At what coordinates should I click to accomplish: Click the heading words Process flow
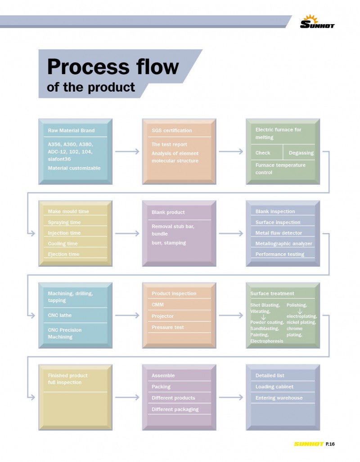pos(112,66)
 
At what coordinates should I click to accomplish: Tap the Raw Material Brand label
pos(71,131)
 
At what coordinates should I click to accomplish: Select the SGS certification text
pos(171,131)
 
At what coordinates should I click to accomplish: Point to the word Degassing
pos(301,153)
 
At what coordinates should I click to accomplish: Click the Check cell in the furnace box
pos(263,153)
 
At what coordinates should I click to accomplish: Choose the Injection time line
pos(64,233)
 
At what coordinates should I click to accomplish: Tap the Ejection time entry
pos(63,254)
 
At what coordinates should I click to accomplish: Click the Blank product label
pos(168,212)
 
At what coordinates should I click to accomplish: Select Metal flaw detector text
pos(279,233)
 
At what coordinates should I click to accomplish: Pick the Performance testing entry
pos(280,254)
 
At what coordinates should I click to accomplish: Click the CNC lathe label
pos(60,315)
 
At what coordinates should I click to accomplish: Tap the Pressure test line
pos(167,327)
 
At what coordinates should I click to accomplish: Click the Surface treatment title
pos(272,294)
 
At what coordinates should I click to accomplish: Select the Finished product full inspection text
pos(67,379)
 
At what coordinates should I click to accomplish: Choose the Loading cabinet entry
pos(274,387)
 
